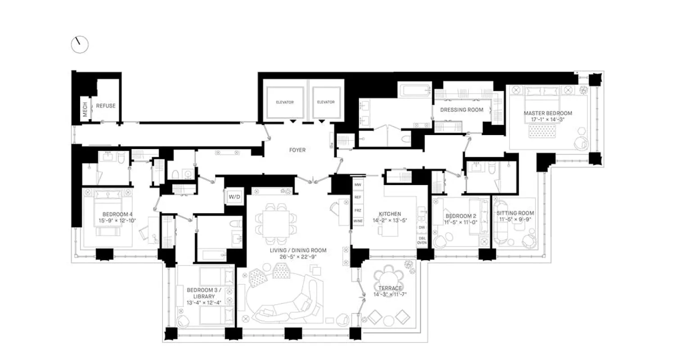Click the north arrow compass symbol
80,44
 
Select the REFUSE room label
106,106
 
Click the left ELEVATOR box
284,102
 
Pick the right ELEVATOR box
326,102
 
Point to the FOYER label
297,150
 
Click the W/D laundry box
234,197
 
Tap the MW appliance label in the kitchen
358,185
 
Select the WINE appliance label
358,221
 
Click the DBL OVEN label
422,240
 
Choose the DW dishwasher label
422,228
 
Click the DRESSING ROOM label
461,110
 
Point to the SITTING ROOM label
515,213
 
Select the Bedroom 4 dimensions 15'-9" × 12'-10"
117,220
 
